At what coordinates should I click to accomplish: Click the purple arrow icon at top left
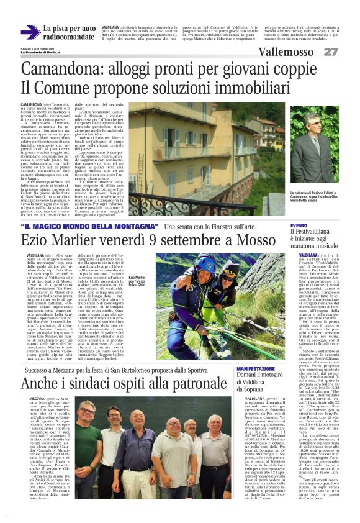tap(29, 32)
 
